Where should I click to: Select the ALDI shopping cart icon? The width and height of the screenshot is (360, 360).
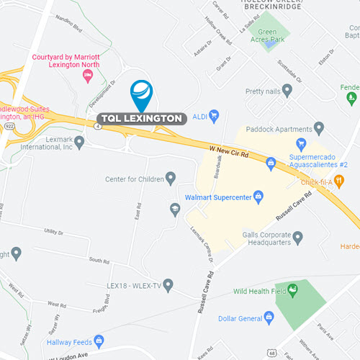click(214, 114)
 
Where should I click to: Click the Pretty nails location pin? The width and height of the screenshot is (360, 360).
click(287, 91)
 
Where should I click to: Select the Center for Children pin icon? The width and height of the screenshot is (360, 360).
click(171, 178)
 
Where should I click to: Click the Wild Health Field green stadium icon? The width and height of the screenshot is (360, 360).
click(293, 290)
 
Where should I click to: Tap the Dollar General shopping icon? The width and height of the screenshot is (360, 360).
click(269, 317)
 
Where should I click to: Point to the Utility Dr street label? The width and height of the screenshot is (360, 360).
click(53, 232)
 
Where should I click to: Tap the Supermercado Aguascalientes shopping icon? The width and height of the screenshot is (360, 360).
click(271, 164)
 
